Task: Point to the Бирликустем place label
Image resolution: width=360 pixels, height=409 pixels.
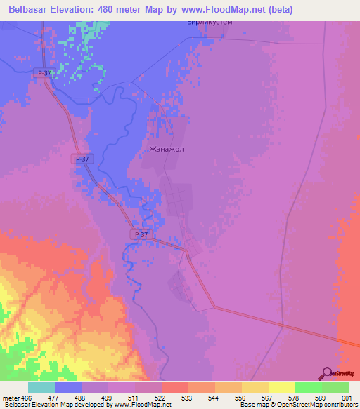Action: click(x=210, y=22)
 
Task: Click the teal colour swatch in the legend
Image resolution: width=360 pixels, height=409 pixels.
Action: click(x=41, y=387)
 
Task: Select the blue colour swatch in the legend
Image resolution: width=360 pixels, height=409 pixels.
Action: click(x=68, y=387)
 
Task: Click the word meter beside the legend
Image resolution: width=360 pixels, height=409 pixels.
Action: click(x=11, y=398)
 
